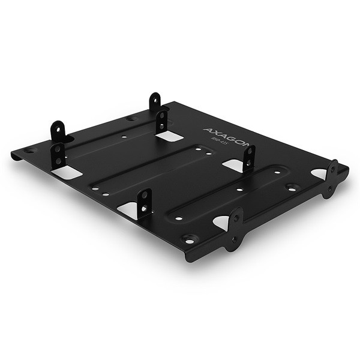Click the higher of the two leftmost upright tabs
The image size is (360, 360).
(58, 131)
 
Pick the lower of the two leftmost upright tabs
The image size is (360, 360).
(58, 155)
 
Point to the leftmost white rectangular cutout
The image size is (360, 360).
(67, 173)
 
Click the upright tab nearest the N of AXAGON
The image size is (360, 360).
(248, 158)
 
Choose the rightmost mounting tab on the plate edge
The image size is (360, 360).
(331, 178)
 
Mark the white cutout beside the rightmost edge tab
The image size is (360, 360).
(318, 173)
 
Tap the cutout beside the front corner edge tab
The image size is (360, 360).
(221, 223)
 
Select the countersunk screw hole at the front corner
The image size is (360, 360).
(189, 239)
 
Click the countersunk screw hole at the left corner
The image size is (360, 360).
(31, 151)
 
